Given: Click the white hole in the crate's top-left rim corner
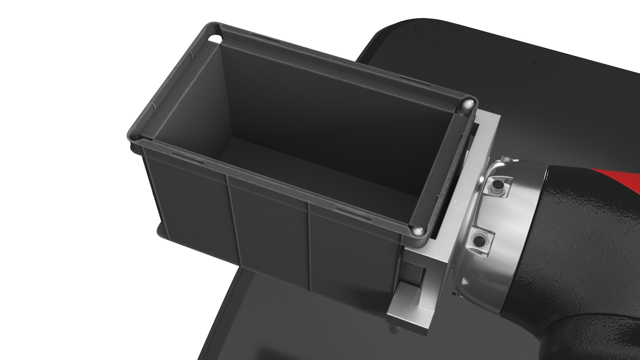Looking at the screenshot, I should (215, 39).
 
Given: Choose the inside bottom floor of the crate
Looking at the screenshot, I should (300, 167).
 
